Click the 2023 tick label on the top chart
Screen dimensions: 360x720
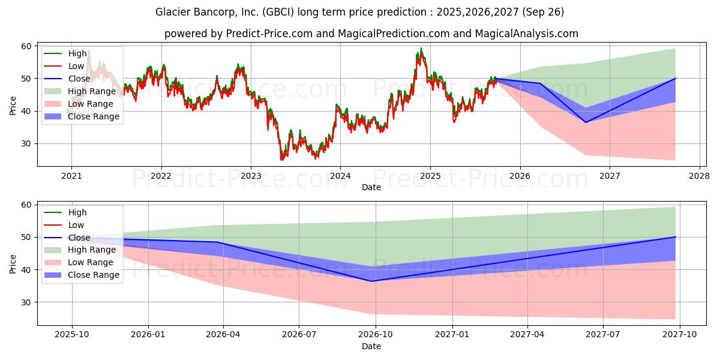tap(251, 176)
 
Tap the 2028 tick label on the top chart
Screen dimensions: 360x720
tap(699, 176)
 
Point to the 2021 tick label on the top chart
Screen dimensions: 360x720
tap(71, 176)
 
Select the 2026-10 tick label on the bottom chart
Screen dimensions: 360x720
tap(376, 335)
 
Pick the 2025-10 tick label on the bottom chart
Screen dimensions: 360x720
tap(72, 335)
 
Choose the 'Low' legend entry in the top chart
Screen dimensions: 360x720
tap(76, 66)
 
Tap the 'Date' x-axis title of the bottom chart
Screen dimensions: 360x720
tap(371, 346)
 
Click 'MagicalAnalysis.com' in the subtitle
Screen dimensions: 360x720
tap(527, 34)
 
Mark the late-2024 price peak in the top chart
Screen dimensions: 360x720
tap(421, 48)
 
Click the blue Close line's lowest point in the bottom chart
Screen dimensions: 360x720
tap(372, 281)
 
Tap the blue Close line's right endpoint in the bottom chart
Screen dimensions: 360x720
tap(676, 237)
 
